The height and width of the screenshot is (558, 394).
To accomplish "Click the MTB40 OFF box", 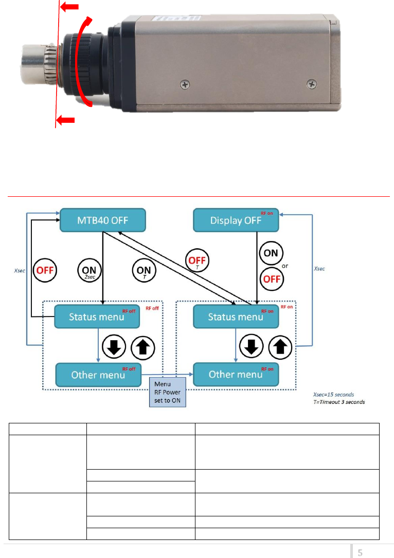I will point(103,220).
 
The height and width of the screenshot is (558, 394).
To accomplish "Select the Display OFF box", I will point(236,220).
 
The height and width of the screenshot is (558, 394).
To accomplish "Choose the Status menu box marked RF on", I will point(236,317).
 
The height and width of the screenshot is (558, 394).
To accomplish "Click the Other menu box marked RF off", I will point(98,374).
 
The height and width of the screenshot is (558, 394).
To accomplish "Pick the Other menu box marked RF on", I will point(236,374).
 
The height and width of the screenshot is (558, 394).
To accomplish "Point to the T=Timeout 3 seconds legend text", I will point(339,401).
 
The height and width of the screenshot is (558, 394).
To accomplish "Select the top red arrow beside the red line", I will point(71,7).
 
